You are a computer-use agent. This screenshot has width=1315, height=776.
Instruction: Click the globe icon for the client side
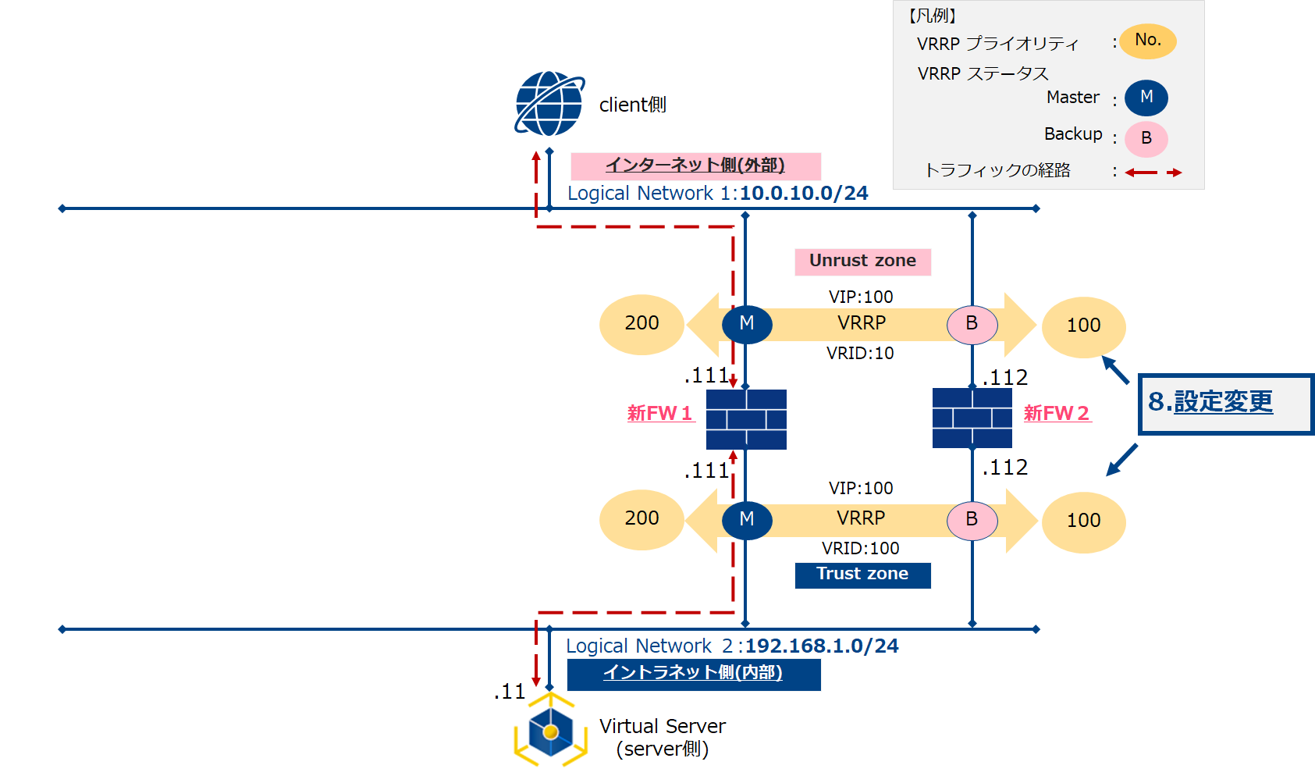549,104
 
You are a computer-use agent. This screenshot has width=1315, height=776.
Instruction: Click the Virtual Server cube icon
550,731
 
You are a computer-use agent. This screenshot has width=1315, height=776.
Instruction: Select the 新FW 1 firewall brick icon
746,419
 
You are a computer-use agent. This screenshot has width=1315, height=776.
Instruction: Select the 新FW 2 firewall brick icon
972,418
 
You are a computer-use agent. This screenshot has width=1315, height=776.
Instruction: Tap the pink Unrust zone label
862,262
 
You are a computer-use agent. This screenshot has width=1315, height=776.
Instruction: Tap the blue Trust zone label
862,575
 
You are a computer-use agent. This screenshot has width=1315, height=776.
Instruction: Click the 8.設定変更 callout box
1225,404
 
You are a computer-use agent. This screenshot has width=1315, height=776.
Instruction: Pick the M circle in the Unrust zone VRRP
747,324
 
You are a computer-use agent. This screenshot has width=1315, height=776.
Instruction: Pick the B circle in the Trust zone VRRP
972,520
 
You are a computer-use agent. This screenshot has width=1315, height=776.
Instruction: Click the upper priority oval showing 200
642,324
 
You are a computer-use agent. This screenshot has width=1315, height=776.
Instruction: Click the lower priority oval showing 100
1083,521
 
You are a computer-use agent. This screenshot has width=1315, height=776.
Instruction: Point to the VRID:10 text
860,354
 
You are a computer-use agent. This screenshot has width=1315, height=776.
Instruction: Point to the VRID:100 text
860,549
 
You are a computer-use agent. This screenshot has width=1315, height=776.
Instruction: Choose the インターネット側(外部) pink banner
695,166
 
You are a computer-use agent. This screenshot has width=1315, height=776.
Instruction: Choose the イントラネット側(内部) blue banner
693,674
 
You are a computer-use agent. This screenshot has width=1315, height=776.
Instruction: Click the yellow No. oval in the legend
1147,41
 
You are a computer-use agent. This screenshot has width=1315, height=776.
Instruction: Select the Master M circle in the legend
1146,98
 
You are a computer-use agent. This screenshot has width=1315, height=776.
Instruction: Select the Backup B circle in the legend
1146,139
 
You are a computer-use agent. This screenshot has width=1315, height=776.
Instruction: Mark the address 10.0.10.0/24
804,194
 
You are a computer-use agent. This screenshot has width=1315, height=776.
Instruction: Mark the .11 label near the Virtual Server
510,692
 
